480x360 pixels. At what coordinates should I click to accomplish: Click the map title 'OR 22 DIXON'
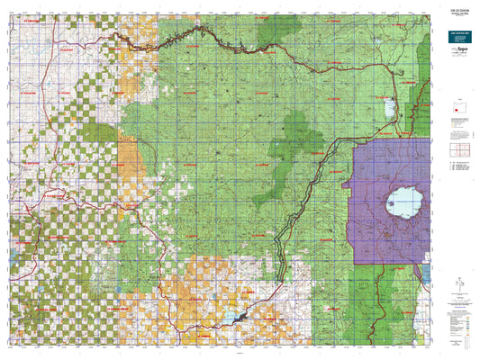coord(457,11)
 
